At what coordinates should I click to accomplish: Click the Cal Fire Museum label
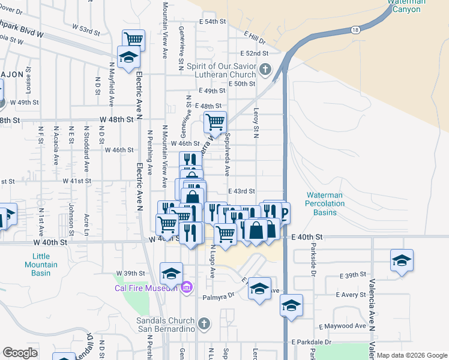[146, 288]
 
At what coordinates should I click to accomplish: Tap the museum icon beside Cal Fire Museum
[186, 288]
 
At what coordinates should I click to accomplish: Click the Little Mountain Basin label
[41, 265]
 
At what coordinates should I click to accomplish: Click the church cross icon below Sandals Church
[204, 325]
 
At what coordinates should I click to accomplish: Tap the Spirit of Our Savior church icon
[266, 70]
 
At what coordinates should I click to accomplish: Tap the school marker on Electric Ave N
[128, 56]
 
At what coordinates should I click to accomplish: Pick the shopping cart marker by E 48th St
[215, 122]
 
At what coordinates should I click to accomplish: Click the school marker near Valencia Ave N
[402, 260]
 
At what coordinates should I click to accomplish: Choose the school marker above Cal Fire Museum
[171, 273]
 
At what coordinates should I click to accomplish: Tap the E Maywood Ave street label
[342, 326]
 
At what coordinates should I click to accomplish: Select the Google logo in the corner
[20, 353]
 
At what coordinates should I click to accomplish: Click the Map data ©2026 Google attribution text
[412, 355]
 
